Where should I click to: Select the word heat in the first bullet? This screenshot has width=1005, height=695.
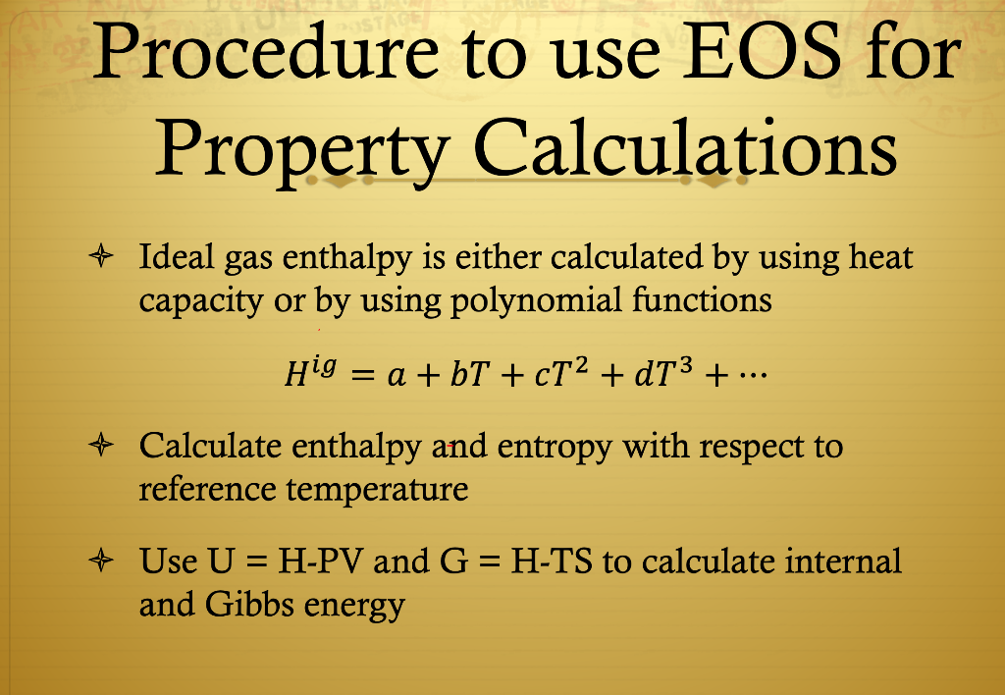pyautogui.click(x=880, y=257)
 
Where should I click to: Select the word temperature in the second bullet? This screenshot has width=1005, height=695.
pyautogui.click(x=377, y=488)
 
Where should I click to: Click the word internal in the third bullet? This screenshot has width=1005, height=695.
pyautogui.click(x=843, y=562)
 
